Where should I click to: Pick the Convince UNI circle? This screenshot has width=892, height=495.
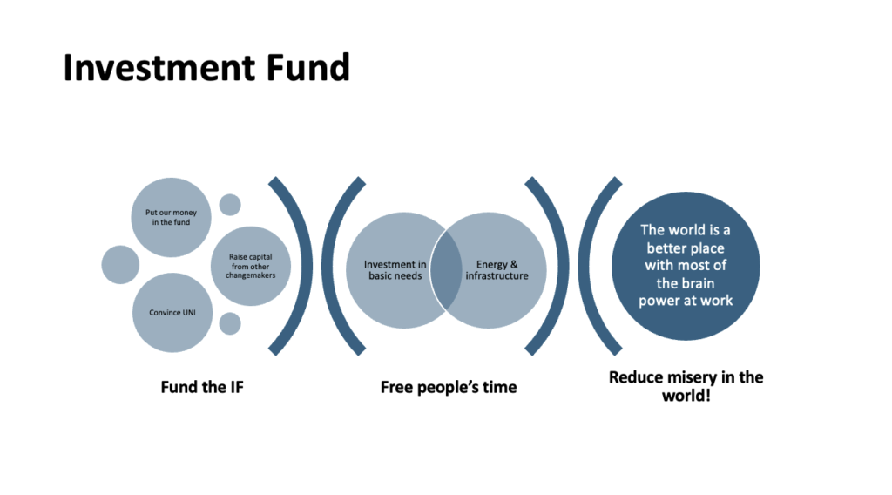point(171,312)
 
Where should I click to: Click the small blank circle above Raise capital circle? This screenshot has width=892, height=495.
point(230,205)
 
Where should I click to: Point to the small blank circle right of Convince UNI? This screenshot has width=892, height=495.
point(230,323)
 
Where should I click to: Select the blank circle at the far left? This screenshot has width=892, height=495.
point(120,265)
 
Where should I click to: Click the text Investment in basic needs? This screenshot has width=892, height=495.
point(395,270)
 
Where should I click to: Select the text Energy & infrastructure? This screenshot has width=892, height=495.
point(497,270)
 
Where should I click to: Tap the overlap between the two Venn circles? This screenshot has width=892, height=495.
point(446,270)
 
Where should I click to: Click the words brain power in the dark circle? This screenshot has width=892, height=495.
point(686,292)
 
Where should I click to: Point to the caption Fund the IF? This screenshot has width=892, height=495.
point(202,386)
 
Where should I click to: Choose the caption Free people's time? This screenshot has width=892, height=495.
point(448,386)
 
